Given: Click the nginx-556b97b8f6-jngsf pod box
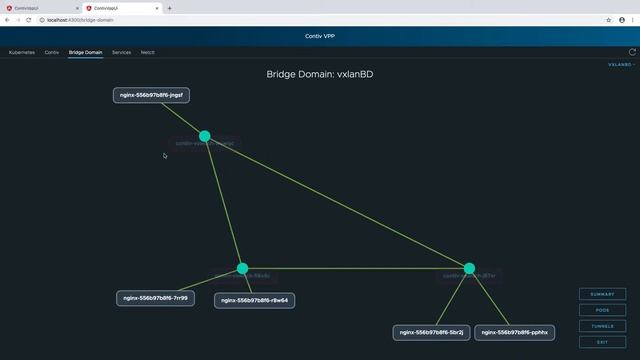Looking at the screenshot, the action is point(151,96).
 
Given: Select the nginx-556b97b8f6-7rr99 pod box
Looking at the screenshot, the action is point(154,298).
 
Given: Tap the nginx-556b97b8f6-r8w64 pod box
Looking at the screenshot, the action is point(254,300).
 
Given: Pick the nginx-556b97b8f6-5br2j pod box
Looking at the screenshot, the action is point(431,332).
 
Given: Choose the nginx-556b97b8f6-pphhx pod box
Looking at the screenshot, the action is point(515,332).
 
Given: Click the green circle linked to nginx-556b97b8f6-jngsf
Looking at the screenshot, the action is point(205,136).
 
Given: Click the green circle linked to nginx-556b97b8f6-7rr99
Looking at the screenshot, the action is point(242,268).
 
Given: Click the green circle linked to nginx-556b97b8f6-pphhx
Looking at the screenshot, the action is point(469,268).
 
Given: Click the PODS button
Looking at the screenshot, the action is point(602,310).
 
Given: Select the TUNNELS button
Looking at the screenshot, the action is point(602,326).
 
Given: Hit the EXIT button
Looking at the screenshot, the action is point(602,342).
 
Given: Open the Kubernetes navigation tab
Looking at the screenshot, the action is point(22,52).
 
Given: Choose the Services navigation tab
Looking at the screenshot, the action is point(121,52).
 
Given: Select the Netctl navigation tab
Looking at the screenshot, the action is point(147,52).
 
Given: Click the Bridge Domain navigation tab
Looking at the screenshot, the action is point(85,52).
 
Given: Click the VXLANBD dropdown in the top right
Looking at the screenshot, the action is point(621,64).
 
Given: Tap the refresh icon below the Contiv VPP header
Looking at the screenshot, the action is point(632,52).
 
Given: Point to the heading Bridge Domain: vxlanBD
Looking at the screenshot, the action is point(320,74).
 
